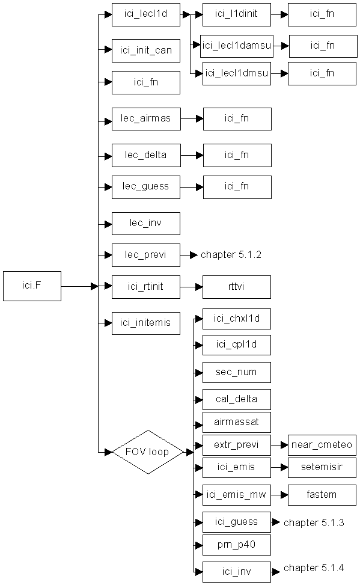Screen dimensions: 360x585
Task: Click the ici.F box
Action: click(x=32, y=286)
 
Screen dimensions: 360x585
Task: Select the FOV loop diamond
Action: click(x=148, y=452)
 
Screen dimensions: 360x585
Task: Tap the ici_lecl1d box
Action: click(x=146, y=15)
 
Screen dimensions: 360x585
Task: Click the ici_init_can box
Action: click(x=146, y=51)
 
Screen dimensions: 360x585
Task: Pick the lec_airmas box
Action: click(x=146, y=119)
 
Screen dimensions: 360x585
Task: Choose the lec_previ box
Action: click(x=146, y=255)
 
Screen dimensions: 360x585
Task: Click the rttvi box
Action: click(x=237, y=287)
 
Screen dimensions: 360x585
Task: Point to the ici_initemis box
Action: click(x=146, y=323)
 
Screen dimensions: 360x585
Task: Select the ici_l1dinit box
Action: click(x=237, y=15)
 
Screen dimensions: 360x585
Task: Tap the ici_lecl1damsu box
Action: click(x=237, y=46)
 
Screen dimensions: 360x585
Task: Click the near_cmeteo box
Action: click(x=322, y=445)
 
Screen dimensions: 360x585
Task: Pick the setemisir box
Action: click(x=322, y=468)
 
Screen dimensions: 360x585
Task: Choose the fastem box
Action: click(x=322, y=495)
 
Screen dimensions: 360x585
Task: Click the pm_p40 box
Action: click(x=237, y=545)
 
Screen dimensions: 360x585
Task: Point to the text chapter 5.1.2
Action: click(x=231, y=255)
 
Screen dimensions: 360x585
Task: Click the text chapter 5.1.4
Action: click(x=314, y=568)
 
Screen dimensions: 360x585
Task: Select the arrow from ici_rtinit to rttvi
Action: click(x=191, y=287)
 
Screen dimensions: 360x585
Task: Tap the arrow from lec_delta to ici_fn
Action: click(x=192, y=155)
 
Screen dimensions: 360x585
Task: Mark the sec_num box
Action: click(x=237, y=372)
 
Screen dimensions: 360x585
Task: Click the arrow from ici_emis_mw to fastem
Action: click(x=279, y=495)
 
